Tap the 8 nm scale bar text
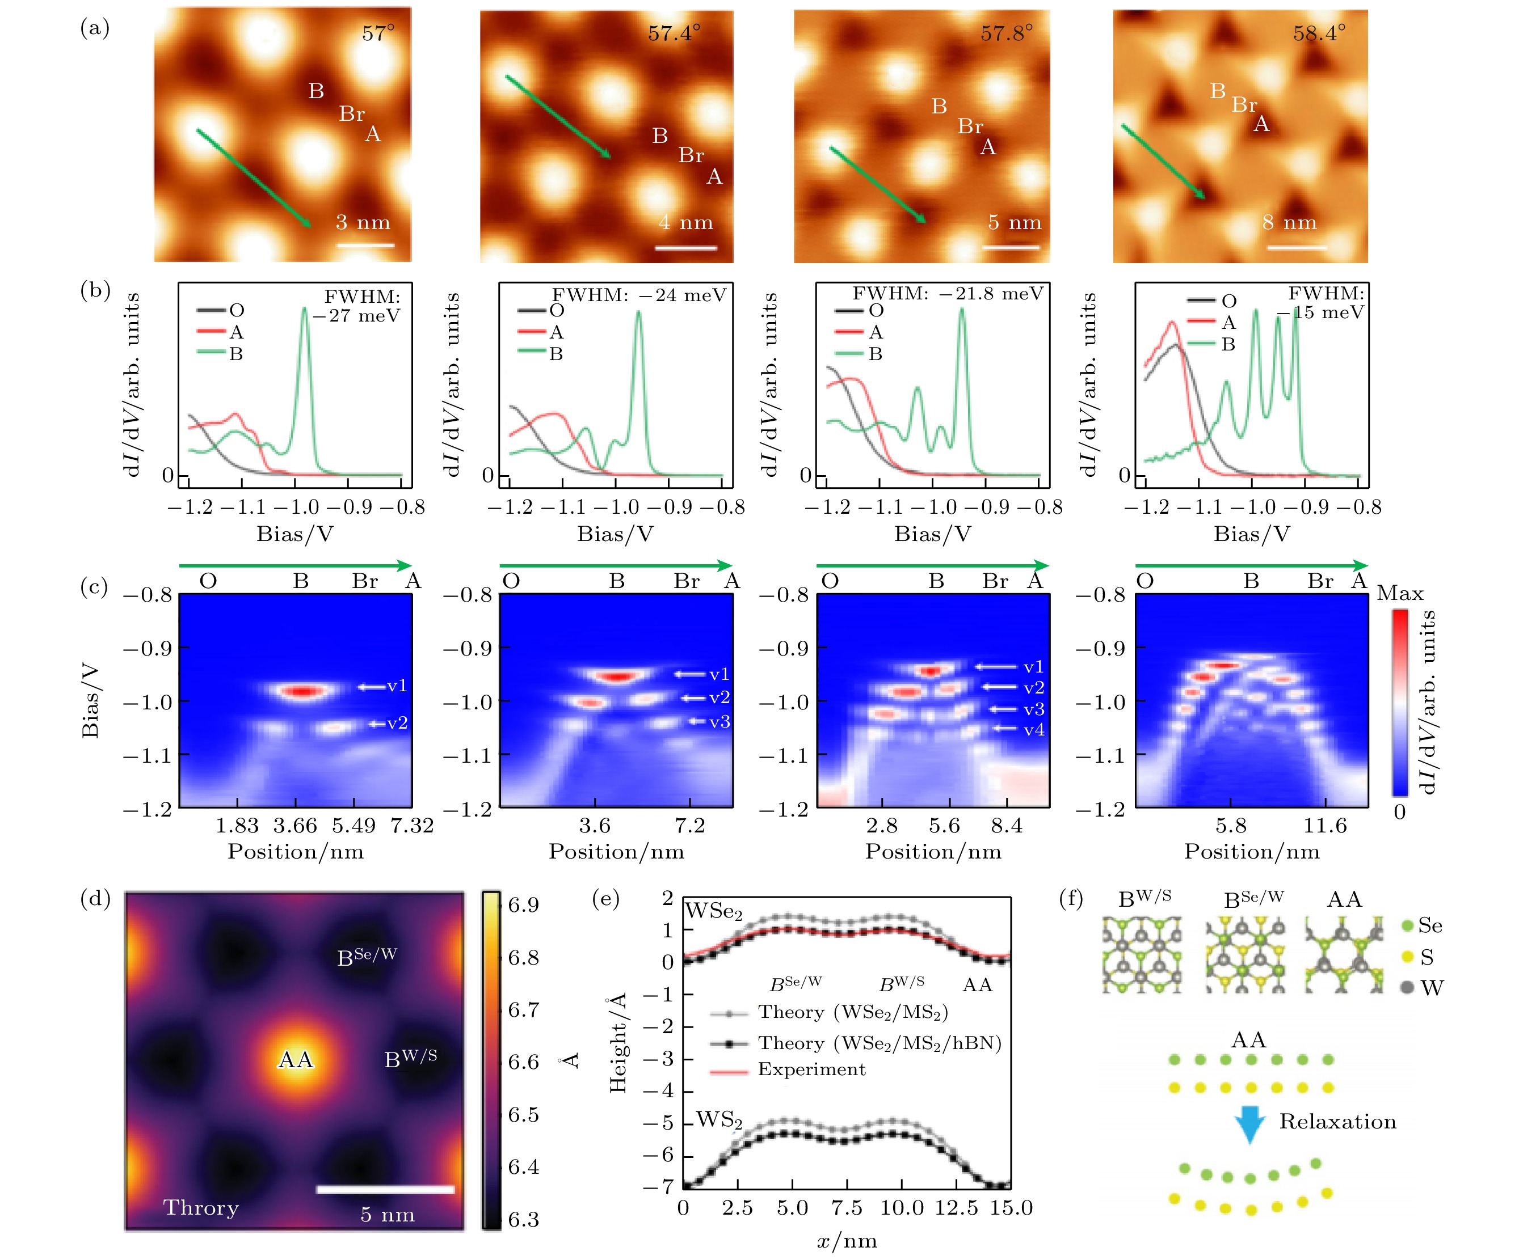[1289, 223]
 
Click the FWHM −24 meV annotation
[639, 295]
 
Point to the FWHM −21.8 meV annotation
[947, 294]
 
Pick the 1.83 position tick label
[237, 826]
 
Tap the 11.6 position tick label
[1325, 826]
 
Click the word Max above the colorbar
[1400, 594]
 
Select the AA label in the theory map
[296, 1060]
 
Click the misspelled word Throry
[201, 1208]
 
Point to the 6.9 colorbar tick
[523, 905]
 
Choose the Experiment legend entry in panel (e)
[811, 1069]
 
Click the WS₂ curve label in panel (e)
[719, 1120]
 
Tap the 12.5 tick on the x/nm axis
[956, 1208]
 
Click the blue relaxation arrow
[1249, 1124]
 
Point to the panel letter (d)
[95, 899]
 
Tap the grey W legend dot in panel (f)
[1407, 987]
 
